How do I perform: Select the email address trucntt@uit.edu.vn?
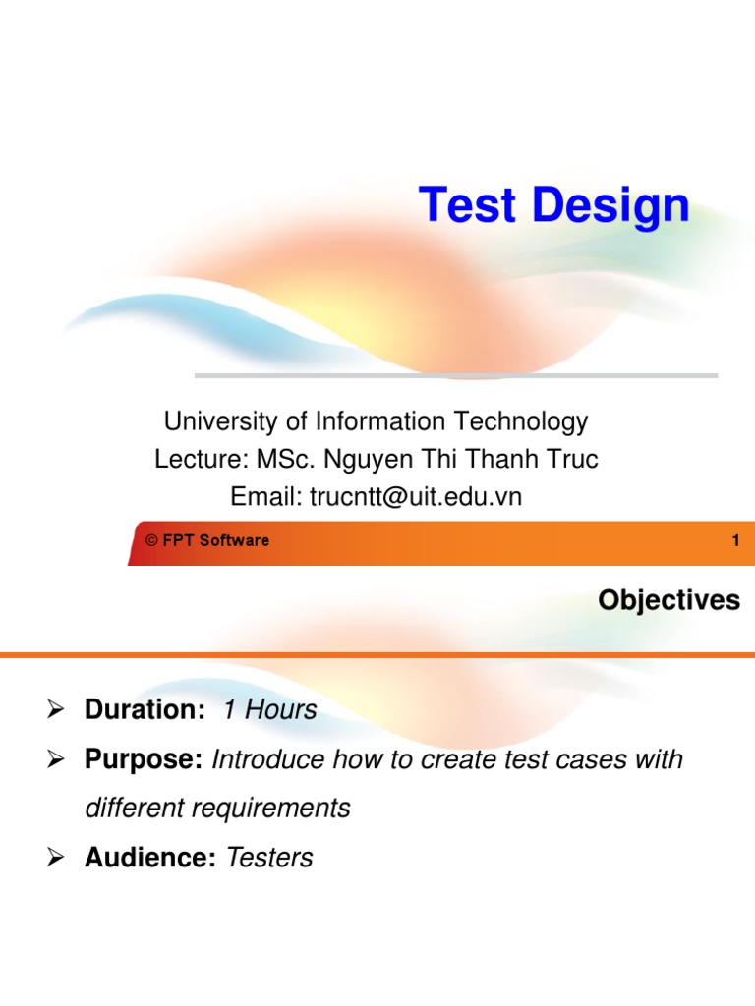[416, 497]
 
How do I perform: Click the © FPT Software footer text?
[206, 540]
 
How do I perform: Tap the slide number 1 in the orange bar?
[735, 540]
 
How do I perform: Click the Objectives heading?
[668, 600]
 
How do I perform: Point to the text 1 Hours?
[269, 710]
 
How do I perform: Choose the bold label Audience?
[149, 858]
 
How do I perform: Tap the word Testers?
[269, 858]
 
